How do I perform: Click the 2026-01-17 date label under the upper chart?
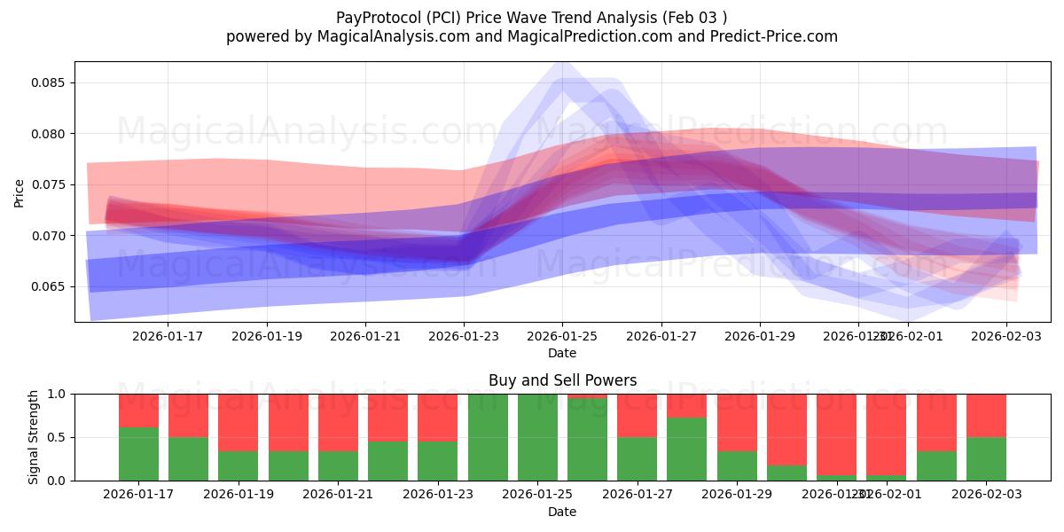coord(168,337)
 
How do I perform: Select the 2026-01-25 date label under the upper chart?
coord(562,337)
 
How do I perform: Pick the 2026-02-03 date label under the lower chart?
coord(986,495)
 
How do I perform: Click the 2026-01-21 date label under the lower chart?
coord(338,495)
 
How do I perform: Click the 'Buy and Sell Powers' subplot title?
coord(562,380)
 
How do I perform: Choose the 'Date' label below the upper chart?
coord(562,353)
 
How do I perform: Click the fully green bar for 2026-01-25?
coord(537,437)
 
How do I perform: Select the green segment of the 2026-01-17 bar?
coord(138,454)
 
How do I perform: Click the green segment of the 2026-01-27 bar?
coord(638,458)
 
